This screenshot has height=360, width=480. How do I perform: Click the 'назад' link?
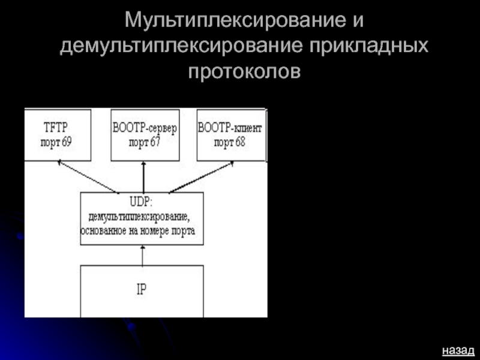pos(458,349)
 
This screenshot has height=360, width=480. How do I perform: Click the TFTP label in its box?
pos(57,128)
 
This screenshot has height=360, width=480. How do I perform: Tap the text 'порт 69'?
pos(57,143)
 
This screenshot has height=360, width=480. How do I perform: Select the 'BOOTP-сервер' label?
pos(145,128)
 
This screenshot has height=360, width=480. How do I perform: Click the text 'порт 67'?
pos(145,143)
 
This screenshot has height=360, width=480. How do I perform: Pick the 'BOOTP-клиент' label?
pos(230,128)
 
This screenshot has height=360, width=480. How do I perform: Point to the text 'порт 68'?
pos(230,143)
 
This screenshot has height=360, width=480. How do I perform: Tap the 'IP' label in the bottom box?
pos(142,289)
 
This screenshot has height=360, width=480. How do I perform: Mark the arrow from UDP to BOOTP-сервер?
pos(143,176)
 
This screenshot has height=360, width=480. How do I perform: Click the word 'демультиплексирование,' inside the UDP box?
pos(139,216)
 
